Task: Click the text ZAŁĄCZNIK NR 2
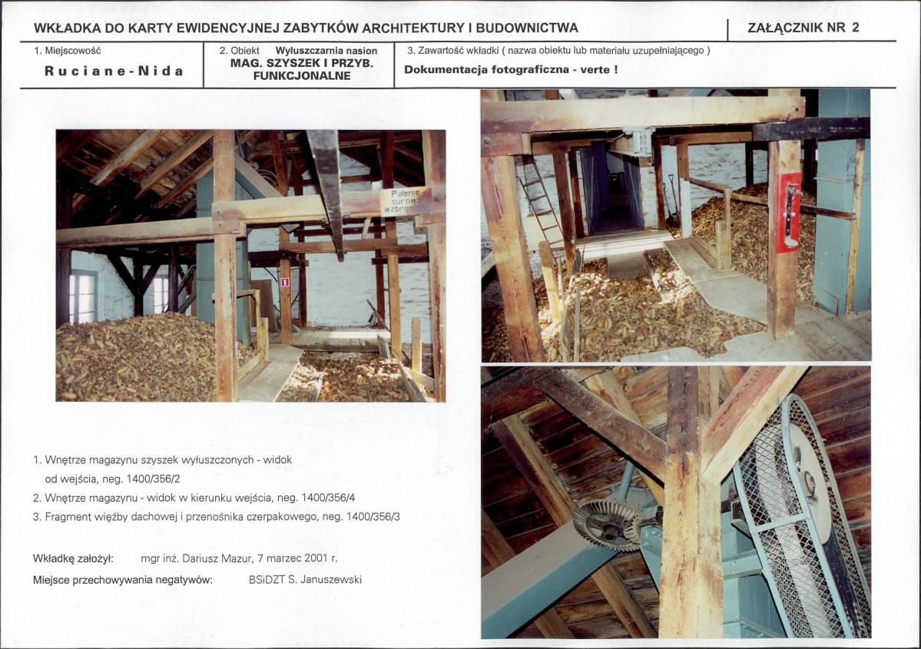pos(803,28)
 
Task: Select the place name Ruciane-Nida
pos(114,71)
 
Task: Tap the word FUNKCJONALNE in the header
pos(302,76)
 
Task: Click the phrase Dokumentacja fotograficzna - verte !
pos(510,69)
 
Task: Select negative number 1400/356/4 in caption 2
pos(328,498)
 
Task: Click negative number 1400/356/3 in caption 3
pos(373,517)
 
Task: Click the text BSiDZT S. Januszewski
pos(305,580)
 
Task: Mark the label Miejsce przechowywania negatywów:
pos(123,581)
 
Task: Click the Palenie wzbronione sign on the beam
pos(403,201)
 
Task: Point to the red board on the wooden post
pos(788,212)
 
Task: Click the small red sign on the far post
pos(285,282)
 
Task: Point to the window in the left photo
pos(83,296)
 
